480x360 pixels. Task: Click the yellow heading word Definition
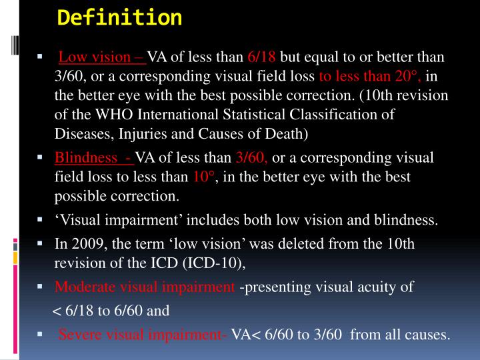[x=120, y=17]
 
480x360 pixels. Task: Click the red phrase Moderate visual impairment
[x=145, y=287]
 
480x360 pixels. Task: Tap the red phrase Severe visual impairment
[x=143, y=334]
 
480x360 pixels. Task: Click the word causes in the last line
[x=427, y=334]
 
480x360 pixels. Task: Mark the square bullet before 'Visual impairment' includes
[x=41, y=219]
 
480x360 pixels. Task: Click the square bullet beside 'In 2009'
[x=41, y=244]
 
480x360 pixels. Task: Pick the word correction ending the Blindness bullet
[x=148, y=197]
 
